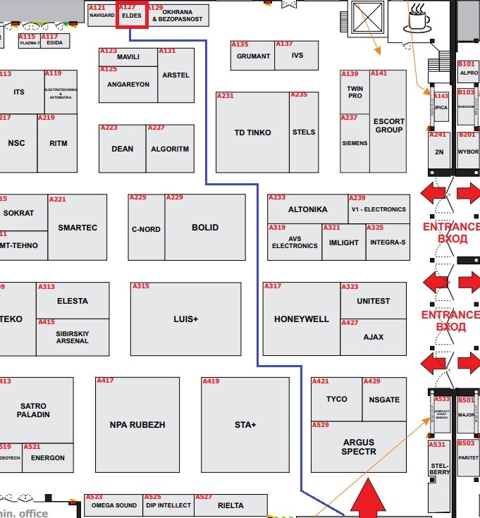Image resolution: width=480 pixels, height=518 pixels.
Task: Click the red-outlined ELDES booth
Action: (132, 15)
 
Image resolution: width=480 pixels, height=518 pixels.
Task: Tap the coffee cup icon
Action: (418, 18)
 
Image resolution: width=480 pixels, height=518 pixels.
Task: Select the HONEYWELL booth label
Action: (302, 319)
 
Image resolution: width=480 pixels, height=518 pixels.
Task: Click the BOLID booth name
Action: (205, 228)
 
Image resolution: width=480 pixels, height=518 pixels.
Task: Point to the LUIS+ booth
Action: (186, 319)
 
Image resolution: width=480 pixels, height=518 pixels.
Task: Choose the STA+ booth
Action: (245, 425)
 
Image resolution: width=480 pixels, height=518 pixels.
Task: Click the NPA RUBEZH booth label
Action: (137, 425)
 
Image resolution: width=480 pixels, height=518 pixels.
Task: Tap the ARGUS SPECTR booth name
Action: (359, 447)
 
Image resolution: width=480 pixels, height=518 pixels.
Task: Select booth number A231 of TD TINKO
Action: (226, 96)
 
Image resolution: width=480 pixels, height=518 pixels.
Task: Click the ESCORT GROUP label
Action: (388, 125)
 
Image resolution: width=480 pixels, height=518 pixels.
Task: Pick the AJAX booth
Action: (373, 337)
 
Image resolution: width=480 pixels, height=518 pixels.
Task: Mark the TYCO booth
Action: (336, 399)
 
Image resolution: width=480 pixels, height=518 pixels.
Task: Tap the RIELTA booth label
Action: (230, 505)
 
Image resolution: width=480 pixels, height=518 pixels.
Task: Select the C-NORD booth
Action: (146, 229)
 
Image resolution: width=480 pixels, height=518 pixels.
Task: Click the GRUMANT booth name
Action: (253, 56)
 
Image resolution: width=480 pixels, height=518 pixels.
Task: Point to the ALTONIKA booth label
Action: (307, 209)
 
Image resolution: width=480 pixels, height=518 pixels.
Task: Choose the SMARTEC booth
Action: (78, 228)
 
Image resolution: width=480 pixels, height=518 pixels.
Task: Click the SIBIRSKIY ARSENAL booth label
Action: (73, 336)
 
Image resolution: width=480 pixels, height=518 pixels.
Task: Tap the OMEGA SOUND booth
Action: (113, 505)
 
